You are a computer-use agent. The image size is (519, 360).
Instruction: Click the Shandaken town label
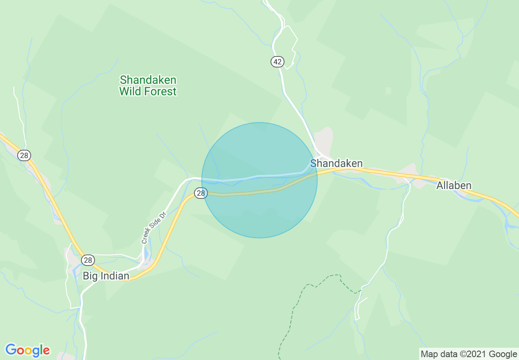pos(336,164)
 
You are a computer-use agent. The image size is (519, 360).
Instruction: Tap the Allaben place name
pos(454,186)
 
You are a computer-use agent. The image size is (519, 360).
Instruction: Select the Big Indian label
pos(106,276)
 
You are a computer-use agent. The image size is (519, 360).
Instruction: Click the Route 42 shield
pos(277,62)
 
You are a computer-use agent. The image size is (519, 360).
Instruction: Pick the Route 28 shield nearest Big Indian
pos(88,260)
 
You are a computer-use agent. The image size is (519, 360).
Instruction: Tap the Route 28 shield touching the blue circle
pos(200,193)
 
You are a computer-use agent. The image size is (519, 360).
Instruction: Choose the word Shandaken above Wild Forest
pos(148,79)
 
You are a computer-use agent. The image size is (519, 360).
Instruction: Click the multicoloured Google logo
pos(27,350)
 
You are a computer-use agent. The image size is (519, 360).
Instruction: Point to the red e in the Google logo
pos(46,351)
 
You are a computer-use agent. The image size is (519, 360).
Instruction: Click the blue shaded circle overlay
pos(259,213)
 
